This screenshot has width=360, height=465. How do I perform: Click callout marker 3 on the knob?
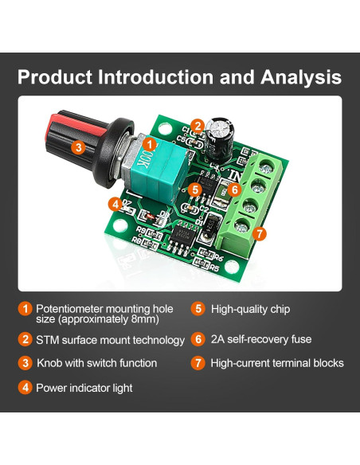(x=78, y=147)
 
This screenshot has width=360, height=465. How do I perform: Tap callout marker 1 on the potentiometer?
(x=148, y=144)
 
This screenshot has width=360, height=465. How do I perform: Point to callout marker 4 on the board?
(x=116, y=204)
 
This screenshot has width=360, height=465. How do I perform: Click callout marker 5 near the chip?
(x=196, y=190)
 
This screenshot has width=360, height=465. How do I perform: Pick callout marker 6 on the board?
(x=234, y=190)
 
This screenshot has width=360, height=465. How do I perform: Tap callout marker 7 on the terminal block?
(x=258, y=234)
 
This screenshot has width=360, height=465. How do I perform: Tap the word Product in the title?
(x=54, y=77)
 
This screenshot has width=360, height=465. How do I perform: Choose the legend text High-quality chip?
(x=250, y=309)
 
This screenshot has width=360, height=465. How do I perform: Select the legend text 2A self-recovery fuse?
(x=260, y=339)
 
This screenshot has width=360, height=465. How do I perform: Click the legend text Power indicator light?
(x=84, y=388)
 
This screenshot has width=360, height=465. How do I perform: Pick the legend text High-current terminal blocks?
(x=277, y=363)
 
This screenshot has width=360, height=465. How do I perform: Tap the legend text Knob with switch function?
(x=96, y=363)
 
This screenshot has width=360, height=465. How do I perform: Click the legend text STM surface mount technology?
(x=110, y=339)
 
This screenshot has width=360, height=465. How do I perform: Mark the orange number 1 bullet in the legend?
(x=25, y=309)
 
